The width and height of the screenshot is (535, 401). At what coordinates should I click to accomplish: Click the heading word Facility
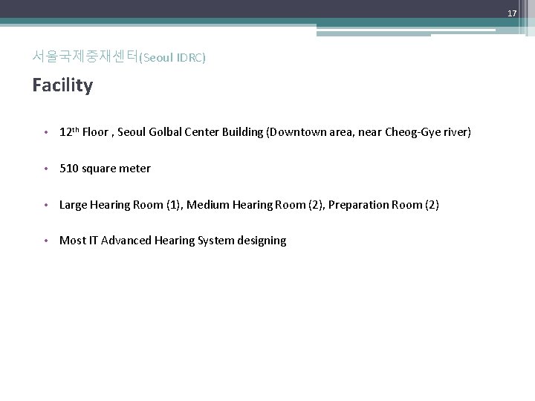(x=62, y=85)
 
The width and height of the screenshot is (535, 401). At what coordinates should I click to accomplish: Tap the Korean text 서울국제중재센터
(x=85, y=56)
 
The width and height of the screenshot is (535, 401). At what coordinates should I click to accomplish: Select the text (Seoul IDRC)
(x=172, y=57)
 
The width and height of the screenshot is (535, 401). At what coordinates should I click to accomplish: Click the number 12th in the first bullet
(x=69, y=132)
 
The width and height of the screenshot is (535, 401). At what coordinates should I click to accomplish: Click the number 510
(x=68, y=169)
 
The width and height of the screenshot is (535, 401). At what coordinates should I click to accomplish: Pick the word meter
(x=135, y=169)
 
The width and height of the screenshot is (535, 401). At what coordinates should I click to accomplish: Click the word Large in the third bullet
(x=73, y=204)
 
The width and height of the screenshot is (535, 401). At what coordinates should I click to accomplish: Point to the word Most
(x=72, y=241)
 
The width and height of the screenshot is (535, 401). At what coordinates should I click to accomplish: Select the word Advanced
(x=125, y=241)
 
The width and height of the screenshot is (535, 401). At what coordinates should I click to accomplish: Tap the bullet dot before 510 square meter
(x=46, y=169)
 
